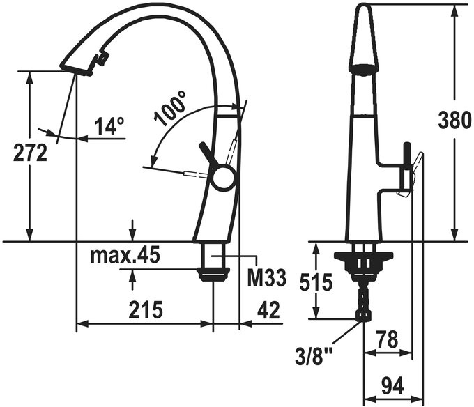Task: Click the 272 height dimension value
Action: pos(30,153)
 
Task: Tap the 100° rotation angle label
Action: pos(170,109)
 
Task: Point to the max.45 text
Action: pos(125,256)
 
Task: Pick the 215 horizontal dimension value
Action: pos(146,309)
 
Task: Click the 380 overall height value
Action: pos(454,120)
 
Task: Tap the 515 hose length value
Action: pos(316,282)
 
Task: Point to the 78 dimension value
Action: pos(388,339)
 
